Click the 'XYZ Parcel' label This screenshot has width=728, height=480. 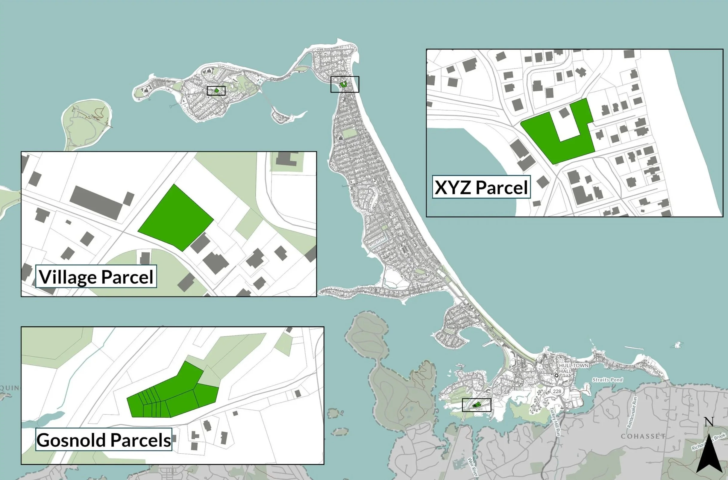481,187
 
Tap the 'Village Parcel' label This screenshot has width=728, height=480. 96,277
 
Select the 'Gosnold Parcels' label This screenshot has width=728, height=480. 104,440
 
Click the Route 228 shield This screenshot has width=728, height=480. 557,391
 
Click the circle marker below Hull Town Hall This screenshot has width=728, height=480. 557,375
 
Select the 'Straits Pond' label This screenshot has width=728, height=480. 607,380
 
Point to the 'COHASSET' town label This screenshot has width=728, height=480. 643,436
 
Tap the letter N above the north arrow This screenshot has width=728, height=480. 709,422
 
